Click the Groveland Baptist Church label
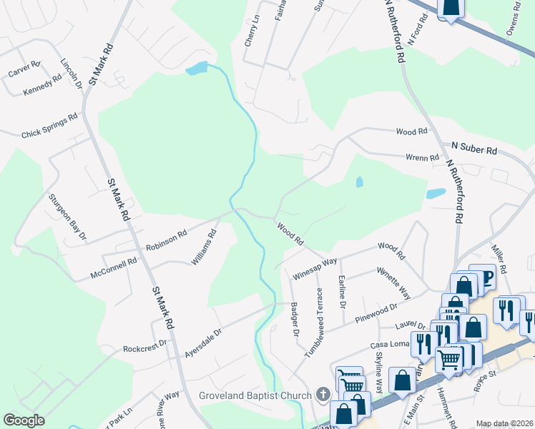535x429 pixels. pos(255,395)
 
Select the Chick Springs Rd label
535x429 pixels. pos(49,126)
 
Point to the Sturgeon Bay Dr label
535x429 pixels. pos(67,216)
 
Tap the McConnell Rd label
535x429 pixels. pos(113,268)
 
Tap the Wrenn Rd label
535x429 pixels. pos(422,157)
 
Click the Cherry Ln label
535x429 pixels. pos(251,31)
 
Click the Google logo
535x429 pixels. pos(24,420)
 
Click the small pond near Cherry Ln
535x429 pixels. pos(196,69)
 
